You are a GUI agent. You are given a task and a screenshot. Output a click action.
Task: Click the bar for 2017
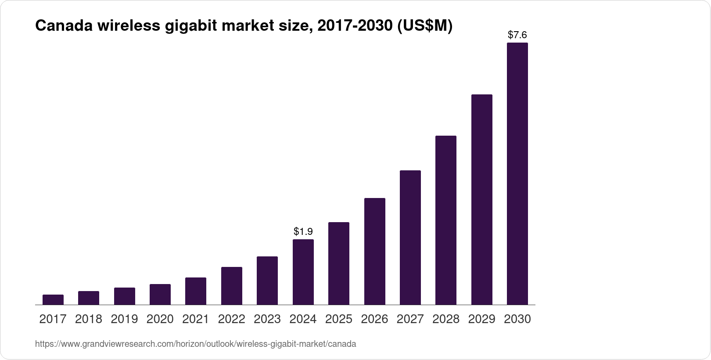(x=53, y=299)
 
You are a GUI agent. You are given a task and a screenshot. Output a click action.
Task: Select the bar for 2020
(x=160, y=294)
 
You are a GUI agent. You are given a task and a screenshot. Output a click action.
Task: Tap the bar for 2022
(x=232, y=286)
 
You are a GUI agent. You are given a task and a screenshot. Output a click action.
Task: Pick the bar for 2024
(x=303, y=272)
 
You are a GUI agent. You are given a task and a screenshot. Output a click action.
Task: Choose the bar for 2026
(x=375, y=251)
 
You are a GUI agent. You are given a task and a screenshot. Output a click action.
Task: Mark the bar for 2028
(x=446, y=220)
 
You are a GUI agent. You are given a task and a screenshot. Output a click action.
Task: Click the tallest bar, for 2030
(x=517, y=173)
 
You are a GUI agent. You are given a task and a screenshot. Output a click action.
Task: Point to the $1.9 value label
(x=303, y=231)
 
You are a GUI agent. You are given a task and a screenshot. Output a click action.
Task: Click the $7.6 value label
(x=517, y=35)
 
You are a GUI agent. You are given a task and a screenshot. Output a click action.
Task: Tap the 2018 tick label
(x=89, y=319)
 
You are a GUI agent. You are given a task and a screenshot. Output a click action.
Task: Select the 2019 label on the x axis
(x=124, y=319)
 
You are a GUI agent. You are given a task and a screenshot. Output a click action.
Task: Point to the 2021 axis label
(x=196, y=319)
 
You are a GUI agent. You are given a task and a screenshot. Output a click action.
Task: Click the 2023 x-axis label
(x=267, y=319)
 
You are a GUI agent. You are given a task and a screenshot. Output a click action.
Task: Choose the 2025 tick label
(x=339, y=319)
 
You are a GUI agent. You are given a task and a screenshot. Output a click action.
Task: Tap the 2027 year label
(x=410, y=319)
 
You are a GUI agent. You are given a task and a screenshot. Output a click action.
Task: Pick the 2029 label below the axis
(x=482, y=319)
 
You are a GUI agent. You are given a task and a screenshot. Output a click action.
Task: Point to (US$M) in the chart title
(x=424, y=26)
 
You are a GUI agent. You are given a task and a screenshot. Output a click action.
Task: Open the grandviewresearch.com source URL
(x=196, y=344)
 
